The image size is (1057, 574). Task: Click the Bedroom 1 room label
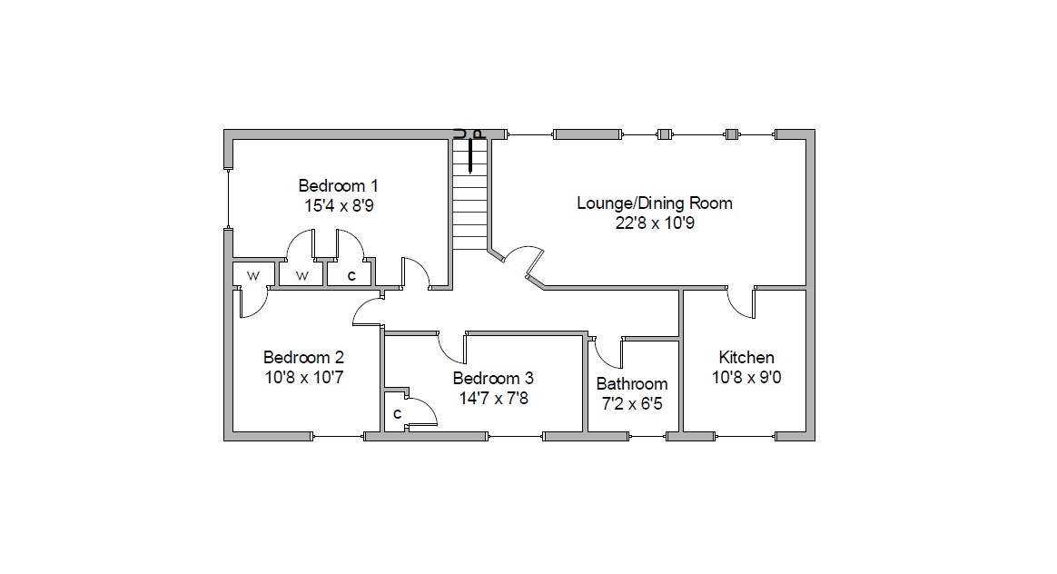point(338,185)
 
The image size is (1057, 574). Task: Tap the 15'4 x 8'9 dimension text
point(339,206)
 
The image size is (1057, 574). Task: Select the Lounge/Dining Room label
point(654,203)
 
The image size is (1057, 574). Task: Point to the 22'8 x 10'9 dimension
point(655,223)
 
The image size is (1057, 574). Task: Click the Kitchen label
point(746,358)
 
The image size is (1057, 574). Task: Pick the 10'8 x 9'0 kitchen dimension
point(746,378)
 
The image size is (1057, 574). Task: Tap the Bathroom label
point(632,384)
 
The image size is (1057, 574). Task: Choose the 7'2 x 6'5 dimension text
point(632,404)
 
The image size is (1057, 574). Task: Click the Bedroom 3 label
point(493,379)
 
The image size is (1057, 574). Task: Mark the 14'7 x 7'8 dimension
point(493,399)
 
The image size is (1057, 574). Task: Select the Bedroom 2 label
point(303,358)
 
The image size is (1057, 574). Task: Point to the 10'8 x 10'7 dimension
point(304,378)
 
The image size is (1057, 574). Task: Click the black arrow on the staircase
point(469,156)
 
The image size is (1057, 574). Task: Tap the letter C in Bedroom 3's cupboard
point(397,413)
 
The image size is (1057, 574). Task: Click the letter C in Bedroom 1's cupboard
point(351,276)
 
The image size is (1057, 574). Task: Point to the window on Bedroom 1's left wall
point(228,199)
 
